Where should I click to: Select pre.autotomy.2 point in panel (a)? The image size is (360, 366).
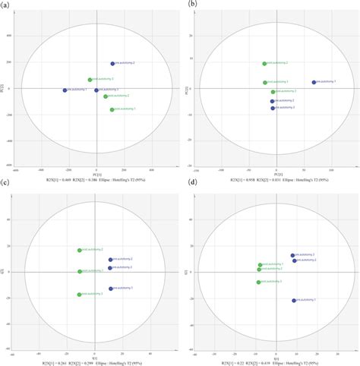[113, 64]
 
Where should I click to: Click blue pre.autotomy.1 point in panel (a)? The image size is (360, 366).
[65, 90]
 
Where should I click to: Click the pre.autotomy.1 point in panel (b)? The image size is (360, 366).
[314, 82]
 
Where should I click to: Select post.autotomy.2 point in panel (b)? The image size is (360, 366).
[264, 64]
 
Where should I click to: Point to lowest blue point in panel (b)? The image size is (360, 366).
[273, 108]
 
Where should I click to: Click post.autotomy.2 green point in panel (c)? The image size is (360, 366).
[80, 250]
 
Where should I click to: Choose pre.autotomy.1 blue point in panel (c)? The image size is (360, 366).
[110, 289]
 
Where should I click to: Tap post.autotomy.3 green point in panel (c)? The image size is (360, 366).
[80, 295]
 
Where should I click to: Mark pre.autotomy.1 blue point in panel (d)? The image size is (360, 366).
[294, 301]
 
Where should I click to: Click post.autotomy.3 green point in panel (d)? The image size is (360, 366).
[259, 282]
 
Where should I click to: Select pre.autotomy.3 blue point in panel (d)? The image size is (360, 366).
[292, 255]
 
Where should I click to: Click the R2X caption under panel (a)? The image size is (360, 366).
[95, 179]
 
